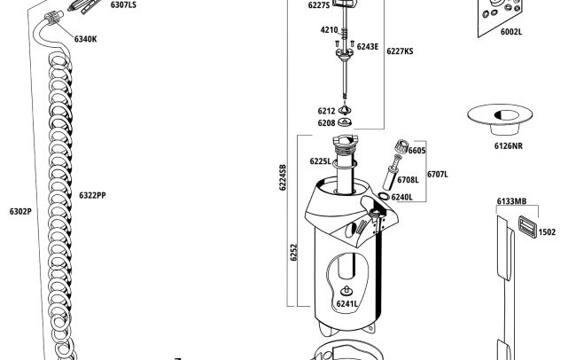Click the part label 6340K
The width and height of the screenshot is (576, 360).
pyautogui.click(x=85, y=39)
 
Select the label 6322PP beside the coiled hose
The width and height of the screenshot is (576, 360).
pyautogui.click(x=92, y=195)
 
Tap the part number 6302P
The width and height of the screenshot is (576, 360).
pyautogui.click(x=20, y=211)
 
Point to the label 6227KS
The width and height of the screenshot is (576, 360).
pyautogui.click(x=400, y=51)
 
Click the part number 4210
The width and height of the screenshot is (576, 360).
pyautogui.click(x=329, y=30)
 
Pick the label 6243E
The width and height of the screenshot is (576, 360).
pyautogui.click(x=368, y=47)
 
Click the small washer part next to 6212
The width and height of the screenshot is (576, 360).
pyautogui.click(x=345, y=110)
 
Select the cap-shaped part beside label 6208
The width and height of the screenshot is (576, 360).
pyautogui.click(x=345, y=121)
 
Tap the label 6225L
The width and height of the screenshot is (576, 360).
pyautogui.click(x=320, y=161)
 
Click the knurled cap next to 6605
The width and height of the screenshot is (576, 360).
pyautogui.click(x=401, y=147)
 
